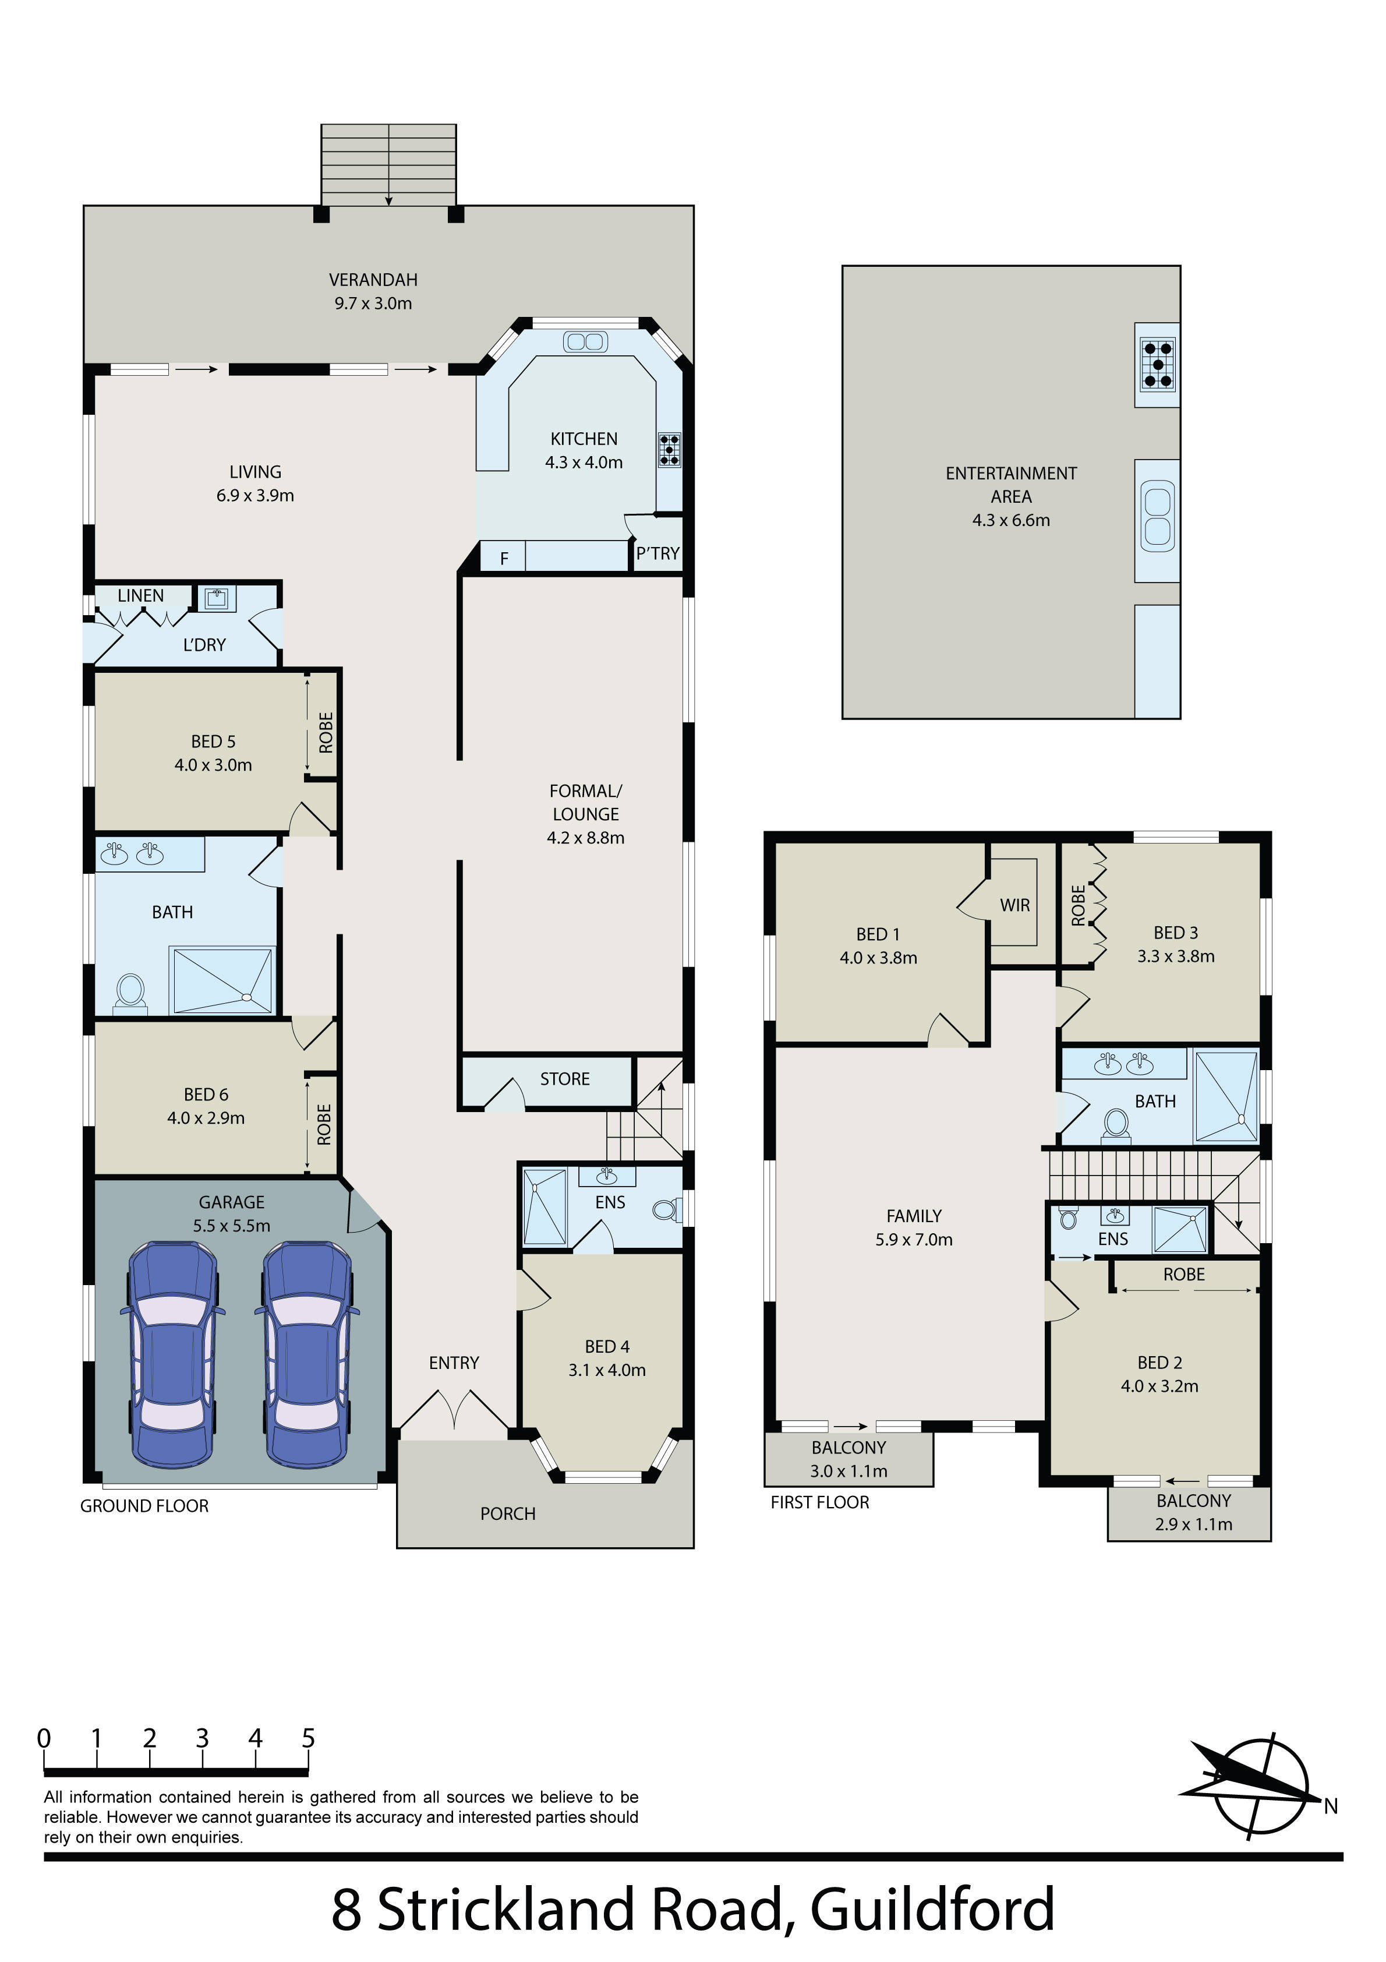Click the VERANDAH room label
coord(373,280)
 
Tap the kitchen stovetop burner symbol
coord(669,450)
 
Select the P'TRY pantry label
coord(658,554)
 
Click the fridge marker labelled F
coord(504,559)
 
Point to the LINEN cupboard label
coord(141,595)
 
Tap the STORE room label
coord(565,1079)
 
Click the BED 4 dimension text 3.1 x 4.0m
coord(607,1370)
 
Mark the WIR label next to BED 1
coord(1015,905)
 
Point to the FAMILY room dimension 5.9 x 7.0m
coord(914,1240)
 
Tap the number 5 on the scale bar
coord(309,1738)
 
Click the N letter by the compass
coord(1331,1806)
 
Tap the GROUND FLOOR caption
coord(144,1506)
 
